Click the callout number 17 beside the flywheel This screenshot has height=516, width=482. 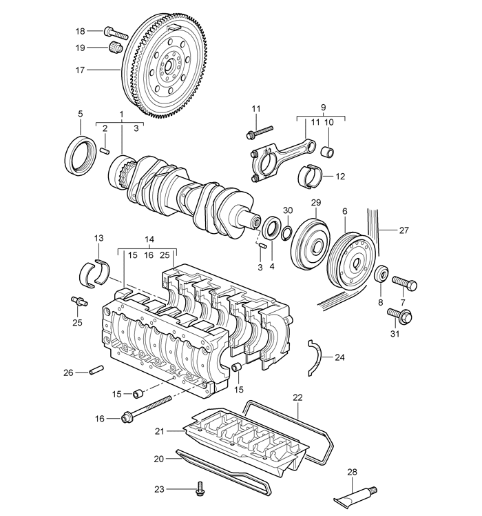click(80, 70)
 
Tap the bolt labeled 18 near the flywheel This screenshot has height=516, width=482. click(116, 32)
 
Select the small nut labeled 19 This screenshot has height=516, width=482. click(115, 48)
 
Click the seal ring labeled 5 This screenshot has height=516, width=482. click(80, 155)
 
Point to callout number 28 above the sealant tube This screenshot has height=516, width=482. click(352, 473)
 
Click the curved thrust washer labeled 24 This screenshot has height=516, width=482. click(315, 357)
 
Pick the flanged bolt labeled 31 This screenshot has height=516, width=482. click(400, 315)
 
